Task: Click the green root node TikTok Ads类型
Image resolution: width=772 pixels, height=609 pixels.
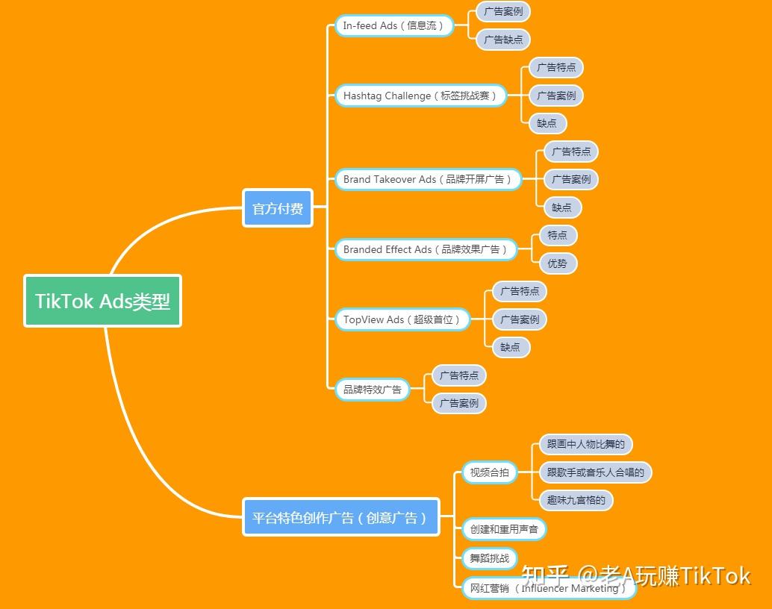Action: coord(102,301)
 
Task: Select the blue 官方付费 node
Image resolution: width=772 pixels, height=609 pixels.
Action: coord(278,208)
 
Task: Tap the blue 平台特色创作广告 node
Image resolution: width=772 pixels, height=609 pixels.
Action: coord(340,517)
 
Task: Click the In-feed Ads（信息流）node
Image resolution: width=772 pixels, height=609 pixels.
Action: coord(393,26)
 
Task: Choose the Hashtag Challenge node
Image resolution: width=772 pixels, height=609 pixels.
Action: coord(420,96)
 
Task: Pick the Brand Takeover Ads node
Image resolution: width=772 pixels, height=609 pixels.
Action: coord(428,180)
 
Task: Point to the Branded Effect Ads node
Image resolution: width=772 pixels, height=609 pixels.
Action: coord(426,250)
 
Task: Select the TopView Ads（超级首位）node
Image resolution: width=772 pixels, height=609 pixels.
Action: coord(402,320)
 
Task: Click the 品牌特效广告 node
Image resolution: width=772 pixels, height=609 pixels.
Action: coord(372,390)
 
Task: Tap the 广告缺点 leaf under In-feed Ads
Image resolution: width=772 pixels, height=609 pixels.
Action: coord(503,40)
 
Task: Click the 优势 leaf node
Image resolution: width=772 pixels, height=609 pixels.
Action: coord(558,263)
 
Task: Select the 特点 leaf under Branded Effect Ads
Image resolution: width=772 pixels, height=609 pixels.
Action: coord(558,236)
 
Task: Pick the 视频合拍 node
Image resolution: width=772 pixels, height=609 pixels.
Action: coord(489,472)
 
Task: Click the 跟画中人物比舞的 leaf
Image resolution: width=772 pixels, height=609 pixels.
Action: coord(585,445)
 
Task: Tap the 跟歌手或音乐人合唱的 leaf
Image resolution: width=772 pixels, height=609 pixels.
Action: coord(595,472)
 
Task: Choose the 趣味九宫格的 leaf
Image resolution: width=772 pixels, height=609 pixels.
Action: coord(576,500)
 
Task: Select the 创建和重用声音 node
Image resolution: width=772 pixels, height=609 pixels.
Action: coord(504,530)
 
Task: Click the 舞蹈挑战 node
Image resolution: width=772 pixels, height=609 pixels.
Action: coord(489,558)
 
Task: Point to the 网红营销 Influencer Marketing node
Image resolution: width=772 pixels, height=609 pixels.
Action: coord(548,588)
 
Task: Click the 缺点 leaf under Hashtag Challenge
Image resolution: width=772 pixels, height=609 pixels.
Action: coord(547,124)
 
